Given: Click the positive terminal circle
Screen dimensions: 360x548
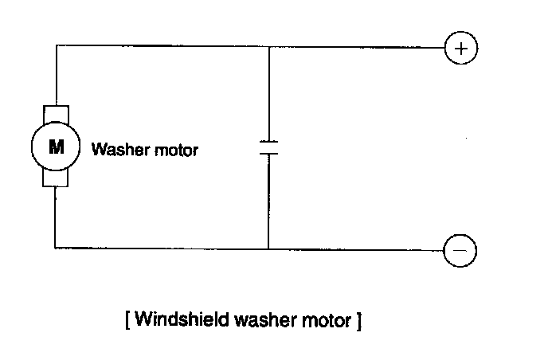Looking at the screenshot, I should point(460,48).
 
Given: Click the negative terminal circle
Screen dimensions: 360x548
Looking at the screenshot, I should point(460,249).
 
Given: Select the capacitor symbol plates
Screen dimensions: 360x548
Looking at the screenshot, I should point(268,147).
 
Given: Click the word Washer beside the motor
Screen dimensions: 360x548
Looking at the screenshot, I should point(115,149).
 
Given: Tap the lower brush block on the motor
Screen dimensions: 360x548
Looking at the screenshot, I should point(56,180).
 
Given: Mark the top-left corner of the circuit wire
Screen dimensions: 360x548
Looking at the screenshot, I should point(56,46).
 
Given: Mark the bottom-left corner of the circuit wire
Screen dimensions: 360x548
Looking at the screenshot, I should point(56,248).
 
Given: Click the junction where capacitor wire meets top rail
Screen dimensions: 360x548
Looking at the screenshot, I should point(268,46).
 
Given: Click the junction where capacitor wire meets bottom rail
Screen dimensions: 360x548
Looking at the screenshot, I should point(268,248).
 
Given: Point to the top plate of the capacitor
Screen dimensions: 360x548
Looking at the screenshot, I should point(268,142).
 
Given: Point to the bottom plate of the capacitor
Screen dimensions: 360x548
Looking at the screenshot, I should point(268,153).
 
